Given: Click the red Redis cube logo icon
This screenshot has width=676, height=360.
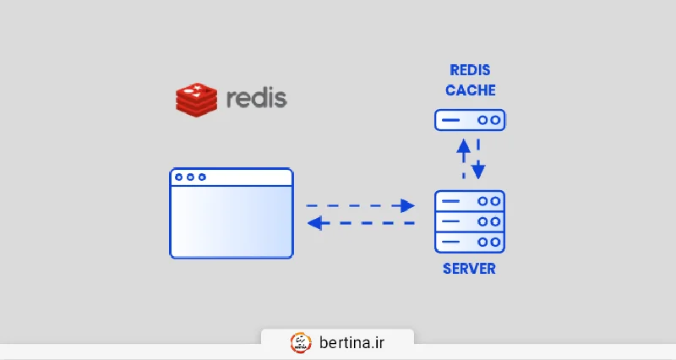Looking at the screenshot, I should (x=196, y=98).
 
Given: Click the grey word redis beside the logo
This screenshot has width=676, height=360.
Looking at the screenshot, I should (x=257, y=98).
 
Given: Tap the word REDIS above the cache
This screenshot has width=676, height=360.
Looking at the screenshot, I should (x=470, y=70).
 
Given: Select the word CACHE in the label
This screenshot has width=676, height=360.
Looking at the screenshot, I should (x=470, y=90).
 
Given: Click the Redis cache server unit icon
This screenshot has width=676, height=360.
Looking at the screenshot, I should (x=470, y=120).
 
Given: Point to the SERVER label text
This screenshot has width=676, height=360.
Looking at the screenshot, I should (x=469, y=270).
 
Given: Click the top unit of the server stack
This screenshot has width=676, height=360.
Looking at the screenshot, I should (x=469, y=201).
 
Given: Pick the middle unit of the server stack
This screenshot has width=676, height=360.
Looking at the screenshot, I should (x=469, y=221).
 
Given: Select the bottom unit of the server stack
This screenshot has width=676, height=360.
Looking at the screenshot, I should (x=469, y=242).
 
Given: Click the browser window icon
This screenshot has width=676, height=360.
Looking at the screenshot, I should (x=232, y=213).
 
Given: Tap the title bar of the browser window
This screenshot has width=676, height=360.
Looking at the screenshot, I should (x=232, y=177).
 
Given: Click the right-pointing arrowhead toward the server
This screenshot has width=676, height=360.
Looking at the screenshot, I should (x=409, y=205).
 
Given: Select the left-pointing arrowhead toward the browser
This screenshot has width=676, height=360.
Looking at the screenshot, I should (x=313, y=223).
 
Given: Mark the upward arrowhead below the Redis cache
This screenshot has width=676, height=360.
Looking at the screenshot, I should (x=463, y=145).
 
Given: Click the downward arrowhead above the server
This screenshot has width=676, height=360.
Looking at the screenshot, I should (x=477, y=171).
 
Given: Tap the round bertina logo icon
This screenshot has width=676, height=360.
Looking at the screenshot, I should (x=301, y=342).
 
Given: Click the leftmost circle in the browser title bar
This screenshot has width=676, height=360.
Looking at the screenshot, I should (x=179, y=177).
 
